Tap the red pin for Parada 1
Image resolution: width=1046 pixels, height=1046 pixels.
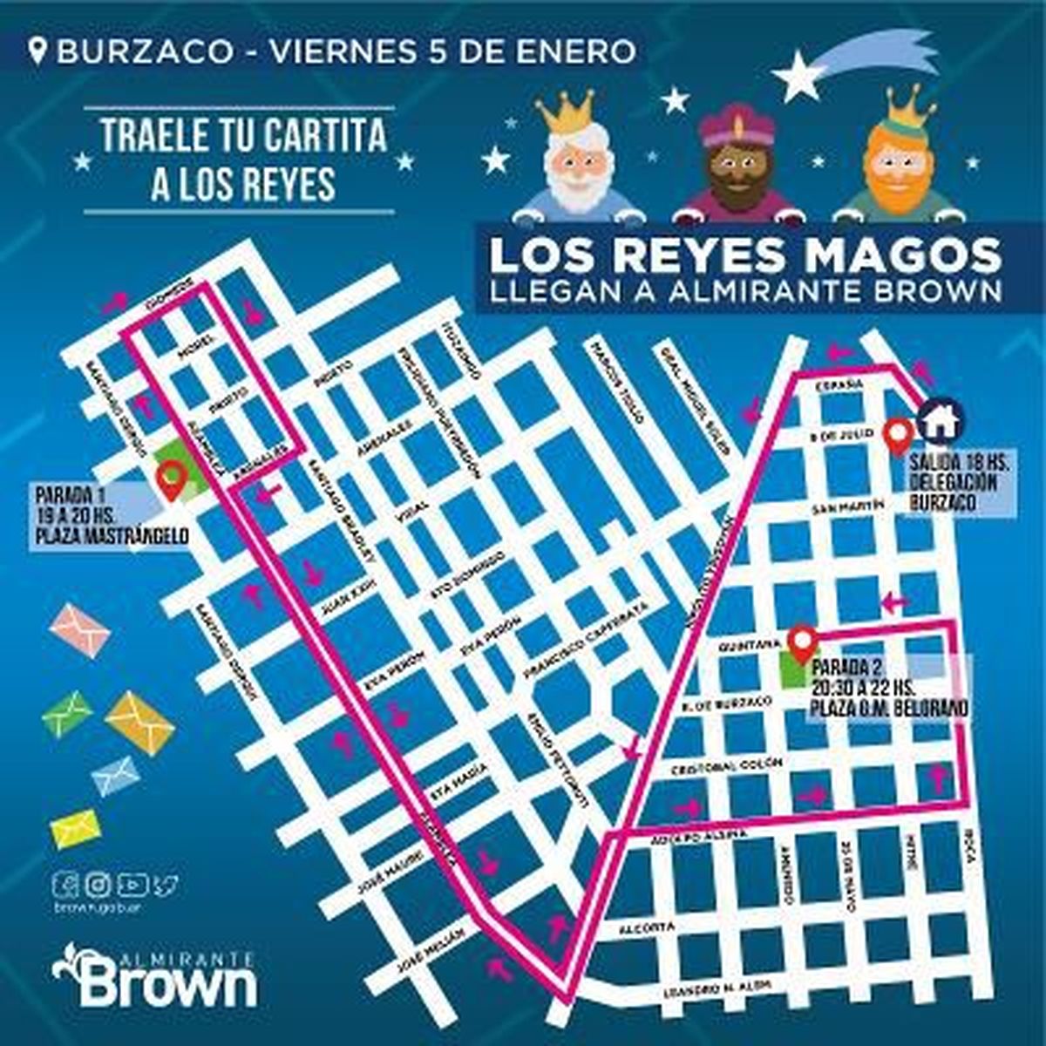(x=172, y=479)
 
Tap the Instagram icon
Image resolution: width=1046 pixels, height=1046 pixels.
(x=99, y=885)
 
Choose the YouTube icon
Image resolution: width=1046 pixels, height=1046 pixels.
(x=132, y=885)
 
